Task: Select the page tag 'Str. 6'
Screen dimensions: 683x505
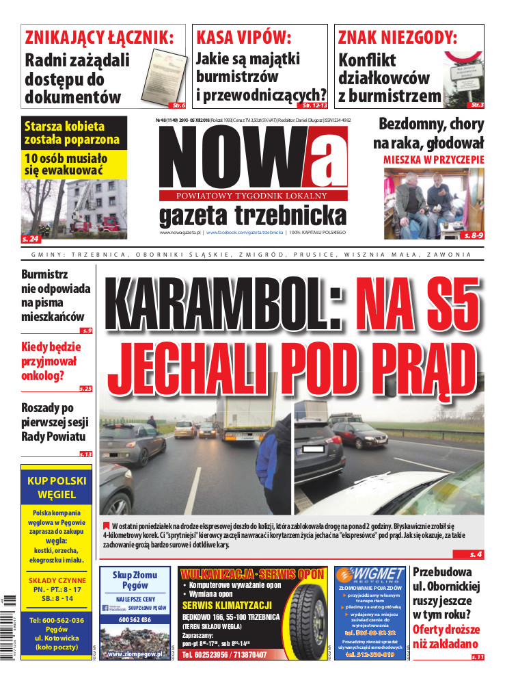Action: [x=178, y=105]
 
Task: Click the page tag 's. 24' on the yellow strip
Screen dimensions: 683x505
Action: [x=31, y=239]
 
